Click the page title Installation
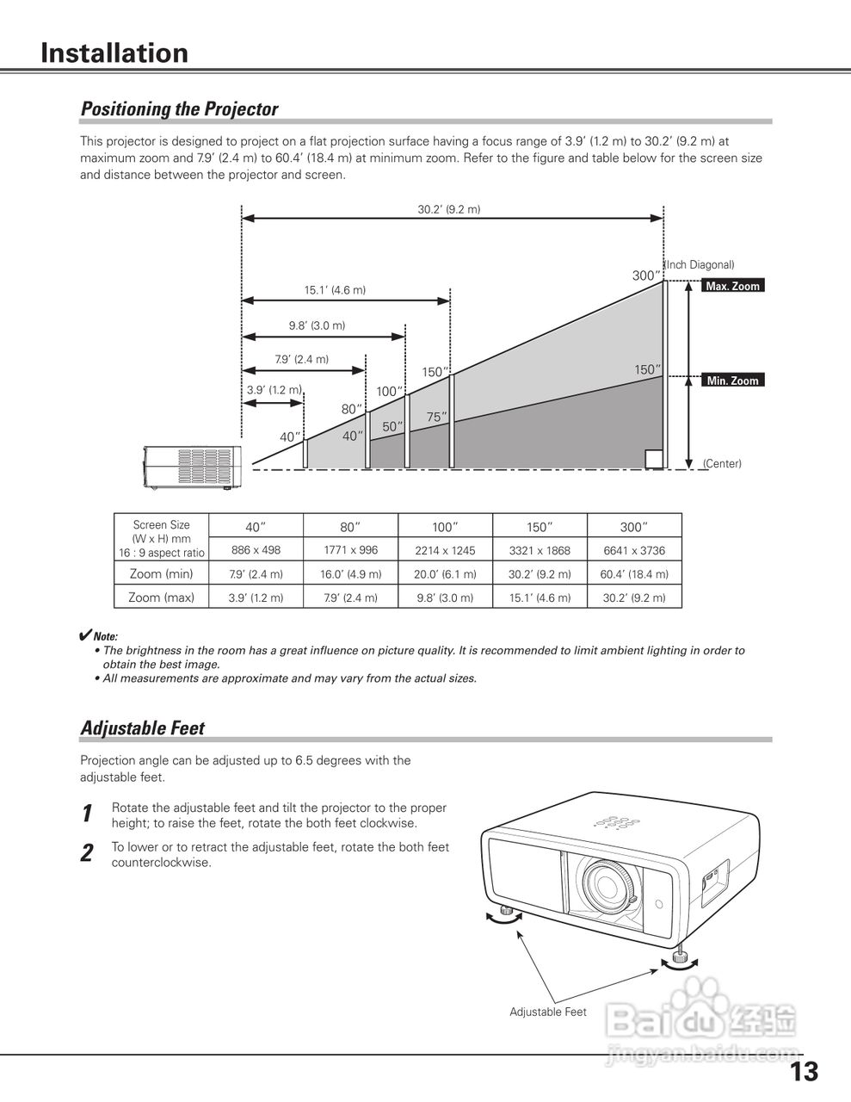tap(114, 53)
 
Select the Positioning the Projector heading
tap(179, 109)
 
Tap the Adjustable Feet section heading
tap(143, 728)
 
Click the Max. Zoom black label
tap(732, 286)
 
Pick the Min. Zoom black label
tap(732, 381)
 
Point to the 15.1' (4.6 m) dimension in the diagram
tap(335, 290)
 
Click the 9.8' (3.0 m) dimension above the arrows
tap(317, 325)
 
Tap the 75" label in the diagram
tap(437, 417)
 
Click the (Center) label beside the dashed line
tap(722, 464)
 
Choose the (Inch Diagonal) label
tap(700, 265)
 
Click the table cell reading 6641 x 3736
tap(634, 550)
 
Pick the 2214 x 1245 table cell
tap(445, 550)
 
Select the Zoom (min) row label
tap(161, 573)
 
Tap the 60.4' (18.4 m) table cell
tap(634, 574)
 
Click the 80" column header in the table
tap(350, 526)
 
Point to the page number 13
tap(805, 1072)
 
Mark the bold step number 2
tap(87, 854)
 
